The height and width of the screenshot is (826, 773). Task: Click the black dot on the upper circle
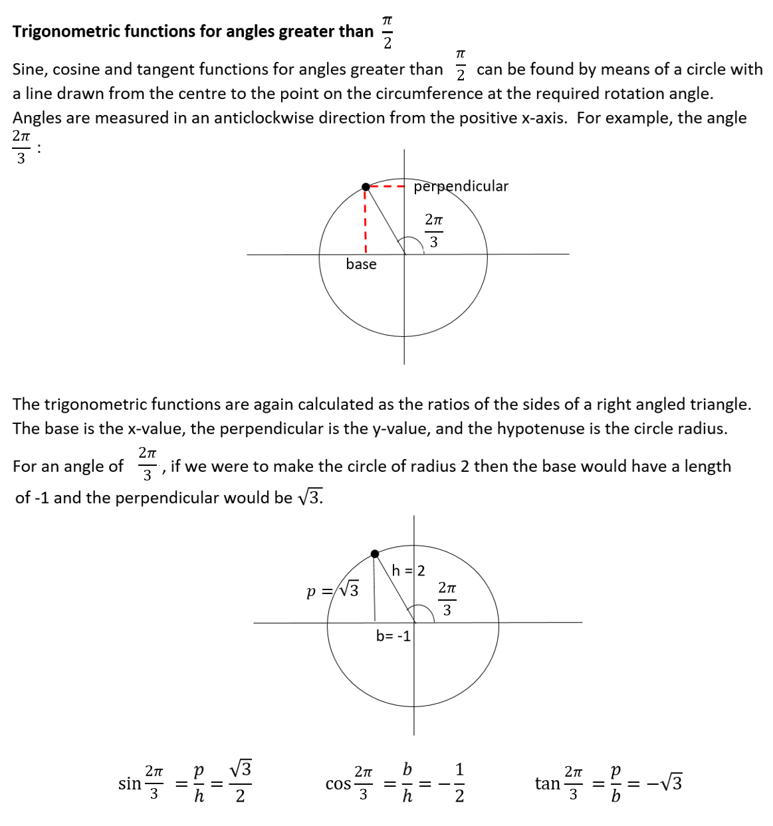366,187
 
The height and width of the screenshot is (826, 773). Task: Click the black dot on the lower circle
375,554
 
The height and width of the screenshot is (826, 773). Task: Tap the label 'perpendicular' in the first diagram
461,186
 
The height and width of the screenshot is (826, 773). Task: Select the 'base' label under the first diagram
361,264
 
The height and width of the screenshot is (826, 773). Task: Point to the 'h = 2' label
408,571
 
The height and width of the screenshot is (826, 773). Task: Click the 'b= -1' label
393,636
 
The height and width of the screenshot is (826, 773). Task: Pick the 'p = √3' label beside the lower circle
332,590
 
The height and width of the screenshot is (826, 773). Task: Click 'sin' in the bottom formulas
130,783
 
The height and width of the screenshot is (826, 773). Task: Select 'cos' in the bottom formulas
338,784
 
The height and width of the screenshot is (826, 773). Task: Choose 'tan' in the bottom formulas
547,784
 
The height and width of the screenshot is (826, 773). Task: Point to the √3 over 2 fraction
240,782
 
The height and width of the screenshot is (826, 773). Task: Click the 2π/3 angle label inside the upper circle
433,230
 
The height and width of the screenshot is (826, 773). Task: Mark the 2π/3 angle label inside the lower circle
447,598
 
